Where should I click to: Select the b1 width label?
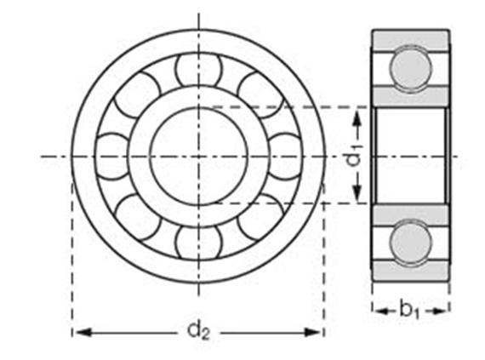tap(410, 310)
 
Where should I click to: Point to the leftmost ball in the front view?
tap(111, 157)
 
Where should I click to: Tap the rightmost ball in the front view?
tap(285, 157)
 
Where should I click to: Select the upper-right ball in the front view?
tap(260, 94)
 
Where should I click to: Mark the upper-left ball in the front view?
tap(137, 94)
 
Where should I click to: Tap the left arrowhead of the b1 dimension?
tap(376, 310)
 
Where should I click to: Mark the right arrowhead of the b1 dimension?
tap(445, 310)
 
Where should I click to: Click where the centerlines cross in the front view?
tap(198, 157)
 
